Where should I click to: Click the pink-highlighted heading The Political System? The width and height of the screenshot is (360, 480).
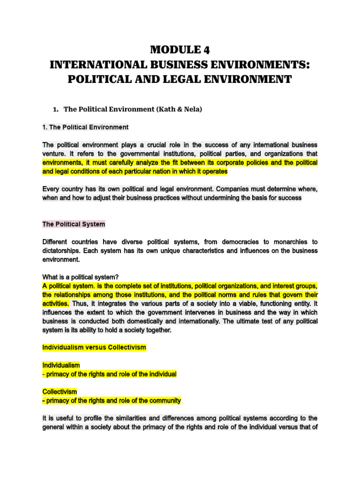(74, 224)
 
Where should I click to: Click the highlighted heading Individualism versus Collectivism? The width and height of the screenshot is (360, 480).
(94, 347)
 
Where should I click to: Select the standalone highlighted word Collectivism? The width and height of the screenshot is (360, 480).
(60, 391)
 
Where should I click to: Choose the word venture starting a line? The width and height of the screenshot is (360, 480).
(53, 154)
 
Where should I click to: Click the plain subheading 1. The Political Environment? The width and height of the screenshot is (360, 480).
(85, 127)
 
